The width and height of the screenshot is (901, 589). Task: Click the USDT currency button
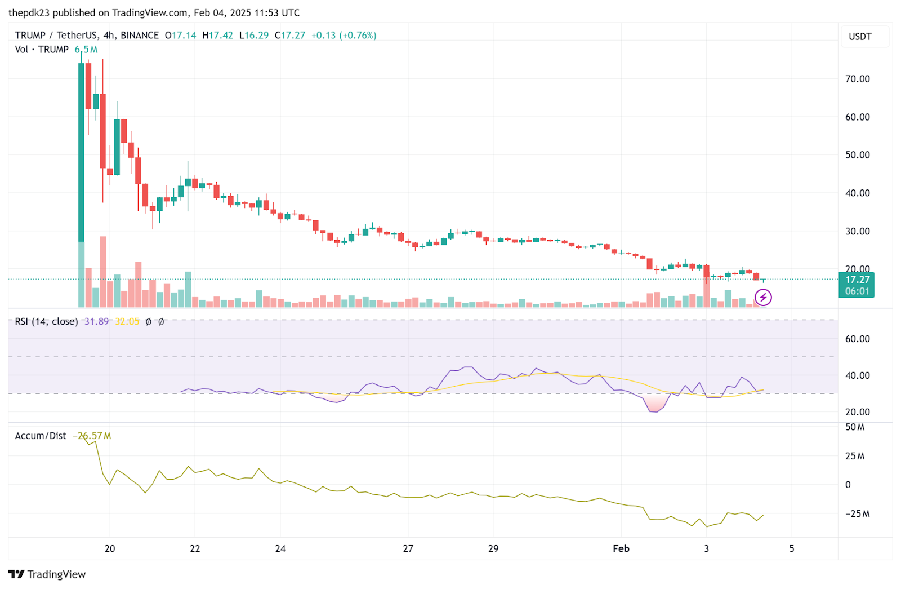pyautogui.click(x=860, y=37)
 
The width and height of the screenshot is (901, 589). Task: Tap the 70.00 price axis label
pyautogui.click(x=857, y=79)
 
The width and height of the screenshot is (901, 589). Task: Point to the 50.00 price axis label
pyautogui.click(x=857, y=155)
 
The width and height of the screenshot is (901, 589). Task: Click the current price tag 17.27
pyautogui.click(x=857, y=280)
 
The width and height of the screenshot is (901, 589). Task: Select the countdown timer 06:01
pyautogui.click(x=857, y=291)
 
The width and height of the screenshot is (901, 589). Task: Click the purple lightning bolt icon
pyautogui.click(x=763, y=297)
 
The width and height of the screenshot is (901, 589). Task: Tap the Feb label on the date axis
pyautogui.click(x=621, y=548)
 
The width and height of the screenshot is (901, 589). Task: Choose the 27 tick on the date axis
pyautogui.click(x=408, y=548)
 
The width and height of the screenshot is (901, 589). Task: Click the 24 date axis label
pyautogui.click(x=280, y=548)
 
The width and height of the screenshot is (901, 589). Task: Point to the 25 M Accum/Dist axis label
pyautogui.click(x=854, y=456)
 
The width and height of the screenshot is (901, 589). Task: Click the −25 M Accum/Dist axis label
pyautogui.click(x=857, y=514)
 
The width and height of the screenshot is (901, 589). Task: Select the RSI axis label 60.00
pyautogui.click(x=857, y=339)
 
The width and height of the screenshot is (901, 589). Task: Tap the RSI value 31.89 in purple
pyautogui.click(x=96, y=321)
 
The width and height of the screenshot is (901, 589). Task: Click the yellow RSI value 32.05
pyautogui.click(x=127, y=321)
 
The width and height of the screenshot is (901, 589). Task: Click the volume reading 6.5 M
pyautogui.click(x=86, y=50)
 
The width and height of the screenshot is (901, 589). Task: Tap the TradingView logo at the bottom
pyautogui.click(x=47, y=574)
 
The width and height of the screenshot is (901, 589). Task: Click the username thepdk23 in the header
pyautogui.click(x=29, y=12)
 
